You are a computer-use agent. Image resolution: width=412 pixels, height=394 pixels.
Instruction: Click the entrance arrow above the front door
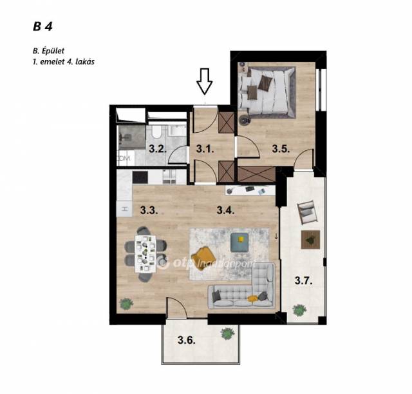coord(205,81)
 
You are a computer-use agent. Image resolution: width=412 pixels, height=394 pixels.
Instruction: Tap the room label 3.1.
coord(205,150)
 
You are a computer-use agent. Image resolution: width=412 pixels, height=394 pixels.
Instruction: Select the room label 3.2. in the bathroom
coord(158,149)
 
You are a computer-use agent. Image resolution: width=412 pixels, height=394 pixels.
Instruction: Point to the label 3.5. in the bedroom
coord(281,149)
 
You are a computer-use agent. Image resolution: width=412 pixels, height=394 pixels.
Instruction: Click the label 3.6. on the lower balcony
coord(187,340)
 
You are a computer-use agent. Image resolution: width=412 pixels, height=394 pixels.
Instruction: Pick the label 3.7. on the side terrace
coord(303,281)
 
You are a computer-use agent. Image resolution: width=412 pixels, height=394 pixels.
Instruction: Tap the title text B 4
coord(43,27)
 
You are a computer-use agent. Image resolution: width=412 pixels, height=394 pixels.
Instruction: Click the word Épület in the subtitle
coord(53,50)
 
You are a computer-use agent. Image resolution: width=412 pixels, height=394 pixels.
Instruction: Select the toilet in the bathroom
coord(157,132)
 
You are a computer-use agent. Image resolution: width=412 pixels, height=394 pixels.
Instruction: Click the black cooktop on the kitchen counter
coord(140,177)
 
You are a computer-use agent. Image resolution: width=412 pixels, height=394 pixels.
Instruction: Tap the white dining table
coord(145,254)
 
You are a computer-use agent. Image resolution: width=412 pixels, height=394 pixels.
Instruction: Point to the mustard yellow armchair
coord(203,255)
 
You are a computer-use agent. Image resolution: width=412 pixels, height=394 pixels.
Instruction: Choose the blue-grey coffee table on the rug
coord(239,242)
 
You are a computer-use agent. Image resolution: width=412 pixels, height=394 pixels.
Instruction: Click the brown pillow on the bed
coord(265,83)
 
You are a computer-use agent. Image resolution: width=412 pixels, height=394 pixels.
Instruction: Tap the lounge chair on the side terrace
coord(306,212)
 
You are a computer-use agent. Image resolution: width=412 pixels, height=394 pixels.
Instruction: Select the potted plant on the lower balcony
coord(227,333)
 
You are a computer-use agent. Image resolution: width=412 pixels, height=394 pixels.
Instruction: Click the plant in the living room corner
coord(126,304)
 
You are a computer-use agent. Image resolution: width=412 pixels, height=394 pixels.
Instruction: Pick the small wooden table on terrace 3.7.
coord(310,239)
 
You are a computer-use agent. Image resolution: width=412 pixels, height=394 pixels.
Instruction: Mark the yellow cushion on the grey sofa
coord(252,298)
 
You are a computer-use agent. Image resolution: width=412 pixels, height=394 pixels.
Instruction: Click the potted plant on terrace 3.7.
coord(299,310)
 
